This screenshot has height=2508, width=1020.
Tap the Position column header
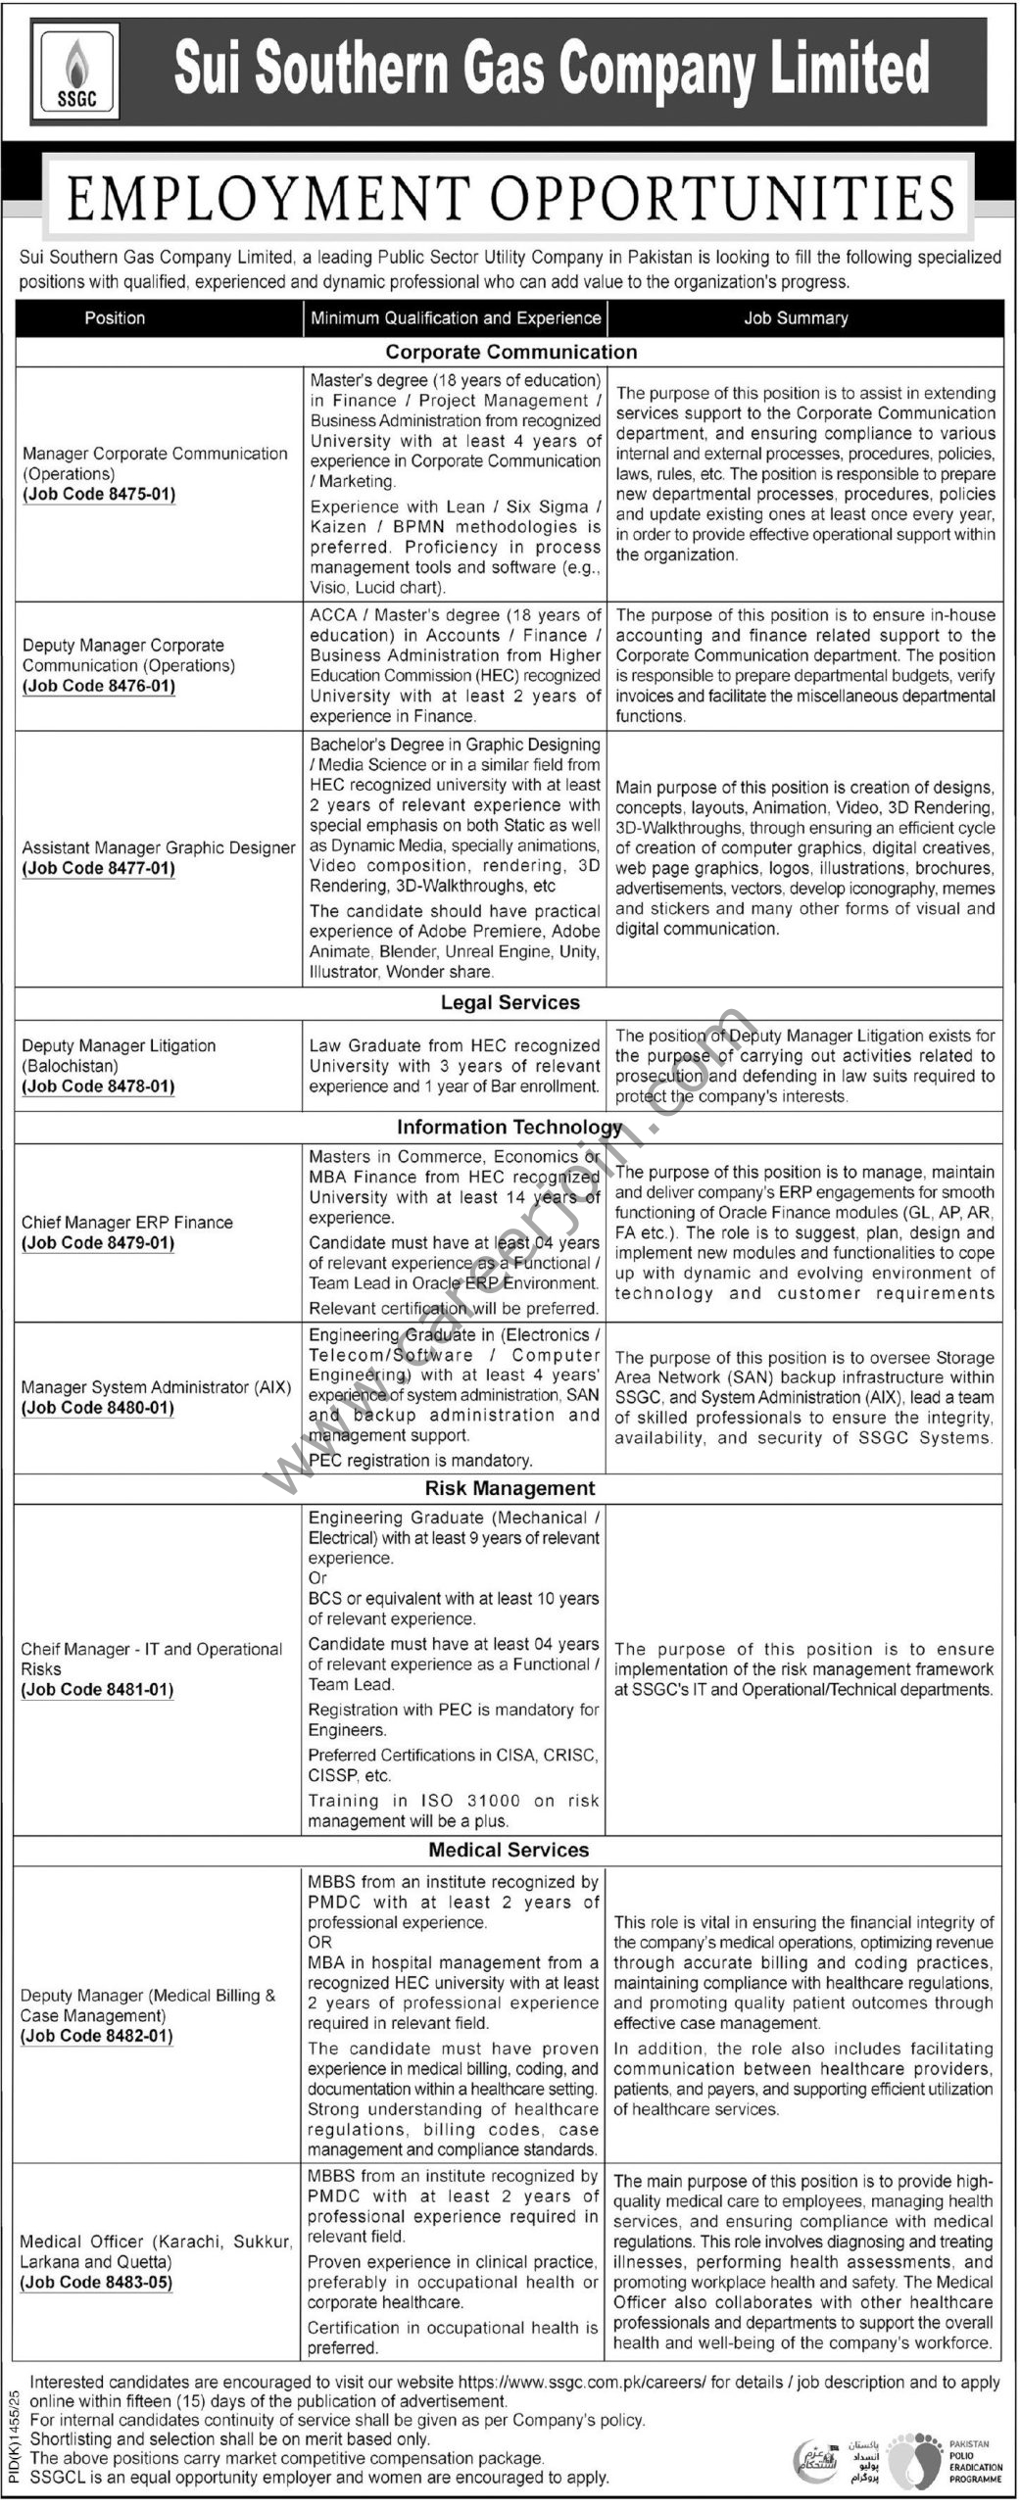(x=115, y=318)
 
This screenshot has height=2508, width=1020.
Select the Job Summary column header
(x=796, y=318)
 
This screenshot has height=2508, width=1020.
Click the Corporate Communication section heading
(x=510, y=352)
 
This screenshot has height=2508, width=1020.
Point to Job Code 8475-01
(x=99, y=494)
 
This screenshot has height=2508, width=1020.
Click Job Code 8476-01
(x=99, y=686)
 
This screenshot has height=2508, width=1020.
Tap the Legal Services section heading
(x=510, y=1002)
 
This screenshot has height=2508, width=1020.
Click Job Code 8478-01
(x=99, y=1085)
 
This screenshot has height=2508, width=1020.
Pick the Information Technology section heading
(x=510, y=1127)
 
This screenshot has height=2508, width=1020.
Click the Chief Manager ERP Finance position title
(x=127, y=1222)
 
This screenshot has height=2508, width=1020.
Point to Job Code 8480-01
(x=98, y=1408)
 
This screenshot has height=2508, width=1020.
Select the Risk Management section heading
(x=510, y=1488)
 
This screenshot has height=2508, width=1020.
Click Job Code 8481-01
(x=98, y=1689)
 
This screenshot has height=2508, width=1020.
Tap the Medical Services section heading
(x=510, y=1850)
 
